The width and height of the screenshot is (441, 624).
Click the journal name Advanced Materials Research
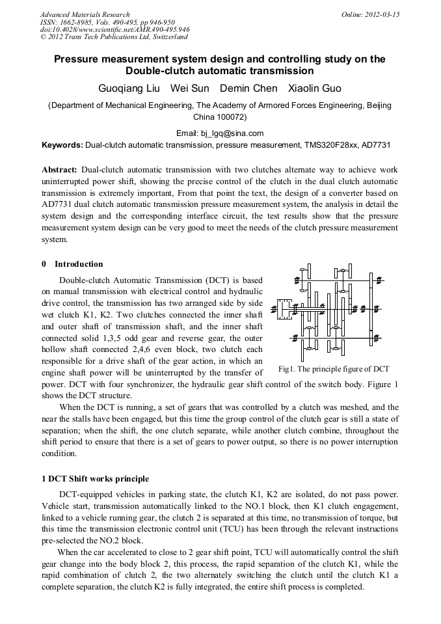[85, 14]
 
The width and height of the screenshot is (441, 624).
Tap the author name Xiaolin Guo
[315, 88]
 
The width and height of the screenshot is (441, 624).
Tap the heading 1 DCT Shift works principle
[94, 479]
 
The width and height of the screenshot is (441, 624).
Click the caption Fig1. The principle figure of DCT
[333, 368]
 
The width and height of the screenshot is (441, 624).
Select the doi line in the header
[114, 30]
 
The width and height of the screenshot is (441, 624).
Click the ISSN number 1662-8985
[79, 22]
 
